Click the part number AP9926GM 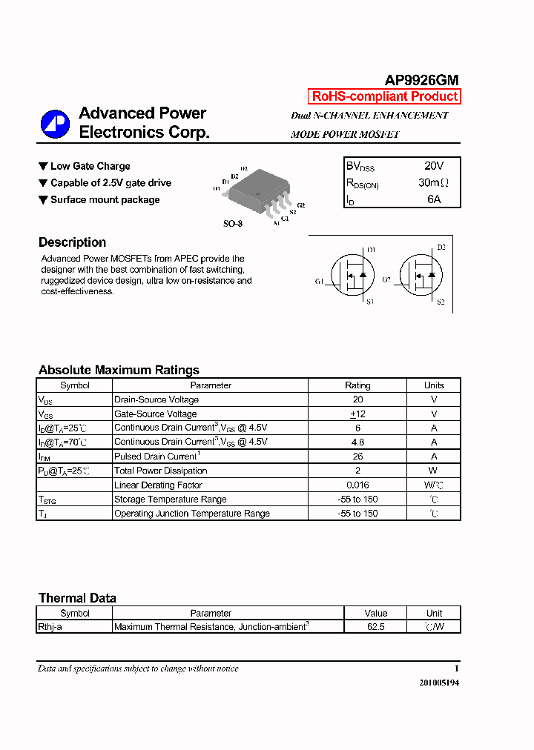[x=421, y=81]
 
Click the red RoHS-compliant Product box [x=384, y=96]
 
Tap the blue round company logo [x=55, y=124]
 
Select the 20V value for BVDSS [x=434, y=166]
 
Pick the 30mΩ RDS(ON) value [x=434, y=182]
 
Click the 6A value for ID [x=434, y=199]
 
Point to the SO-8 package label [x=233, y=223]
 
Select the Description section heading [x=72, y=242]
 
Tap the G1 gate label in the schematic [x=319, y=282]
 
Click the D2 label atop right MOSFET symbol [x=441, y=248]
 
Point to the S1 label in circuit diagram [x=370, y=302]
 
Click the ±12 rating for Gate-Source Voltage [x=357, y=414]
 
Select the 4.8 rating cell [x=357, y=442]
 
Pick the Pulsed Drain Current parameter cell [x=156, y=457]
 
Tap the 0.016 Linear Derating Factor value [x=357, y=485]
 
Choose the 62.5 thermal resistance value [x=376, y=627]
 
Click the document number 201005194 [x=439, y=683]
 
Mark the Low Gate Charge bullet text [x=90, y=166]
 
